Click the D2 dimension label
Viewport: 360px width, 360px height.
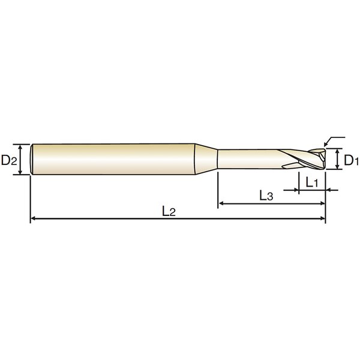(x=9, y=160)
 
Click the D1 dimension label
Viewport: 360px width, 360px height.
(x=351, y=160)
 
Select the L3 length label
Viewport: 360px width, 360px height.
(x=266, y=196)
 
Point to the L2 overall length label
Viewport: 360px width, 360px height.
(x=169, y=211)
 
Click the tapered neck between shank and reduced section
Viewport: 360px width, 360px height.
(x=206, y=159)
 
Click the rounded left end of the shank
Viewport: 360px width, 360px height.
(x=32, y=159)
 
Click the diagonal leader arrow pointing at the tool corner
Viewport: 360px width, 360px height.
(x=334, y=140)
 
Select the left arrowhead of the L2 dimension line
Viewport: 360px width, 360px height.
(x=33, y=218)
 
